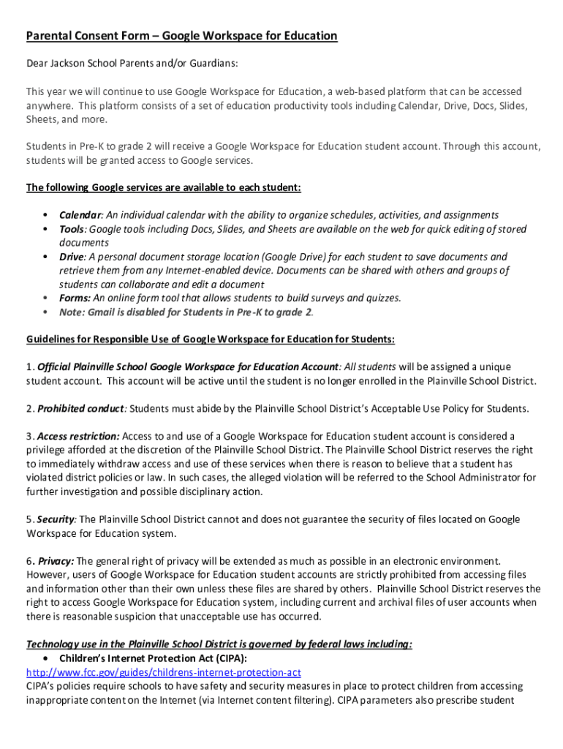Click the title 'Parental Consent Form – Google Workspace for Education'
[x=182, y=36]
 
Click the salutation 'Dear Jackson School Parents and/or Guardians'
[x=132, y=64]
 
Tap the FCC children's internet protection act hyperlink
[x=164, y=672]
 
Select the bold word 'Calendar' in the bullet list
[x=80, y=215]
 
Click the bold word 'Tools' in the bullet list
[x=72, y=229]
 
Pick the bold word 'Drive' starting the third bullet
[x=72, y=257]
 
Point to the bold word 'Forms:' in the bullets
[x=75, y=298]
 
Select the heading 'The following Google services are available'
[x=164, y=187]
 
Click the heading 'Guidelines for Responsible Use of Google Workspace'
[x=211, y=339]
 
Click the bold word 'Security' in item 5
[x=56, y=519]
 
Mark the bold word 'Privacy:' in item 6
[x=56, y=561]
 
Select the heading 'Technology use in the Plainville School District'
[x=219, y=644]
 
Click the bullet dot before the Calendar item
[x=46, y=215]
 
